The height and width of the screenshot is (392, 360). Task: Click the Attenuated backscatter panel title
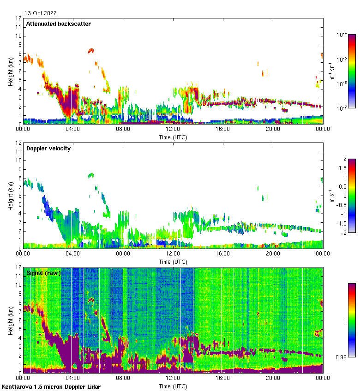click(58, 24)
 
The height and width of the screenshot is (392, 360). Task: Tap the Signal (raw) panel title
click(43, 273)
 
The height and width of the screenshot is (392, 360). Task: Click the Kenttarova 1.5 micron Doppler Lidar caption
click(51, 387)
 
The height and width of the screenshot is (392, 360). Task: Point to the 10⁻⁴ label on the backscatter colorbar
click(342, 35)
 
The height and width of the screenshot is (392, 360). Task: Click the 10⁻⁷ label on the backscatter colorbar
click(342, 108)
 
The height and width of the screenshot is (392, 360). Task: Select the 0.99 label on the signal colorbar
click(342, 357)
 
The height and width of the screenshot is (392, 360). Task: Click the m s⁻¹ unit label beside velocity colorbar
click(331, 196)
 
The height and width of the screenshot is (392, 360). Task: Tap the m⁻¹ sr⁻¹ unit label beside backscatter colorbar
click(331, 71)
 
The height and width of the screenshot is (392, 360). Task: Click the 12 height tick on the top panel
click(18, 18)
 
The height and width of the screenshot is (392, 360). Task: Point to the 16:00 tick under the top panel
click(222, 129)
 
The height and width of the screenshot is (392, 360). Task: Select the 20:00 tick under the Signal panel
click(273, 378)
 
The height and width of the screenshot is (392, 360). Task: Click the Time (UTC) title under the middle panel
click(173, 261)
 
